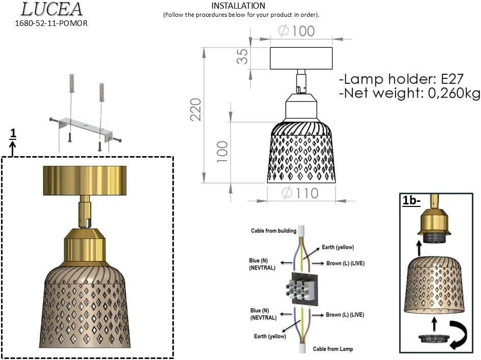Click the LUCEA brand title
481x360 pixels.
(x=51, y=9)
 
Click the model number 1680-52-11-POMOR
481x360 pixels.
(x=51, y=23)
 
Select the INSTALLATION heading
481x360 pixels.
(x=238, y=6)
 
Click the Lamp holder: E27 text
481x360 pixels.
(x=401, y=79)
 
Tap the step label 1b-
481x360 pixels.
(x=411, y=200)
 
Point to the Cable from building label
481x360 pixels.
(x=274, y=231)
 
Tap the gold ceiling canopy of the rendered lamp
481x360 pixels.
(x=84, y=180)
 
